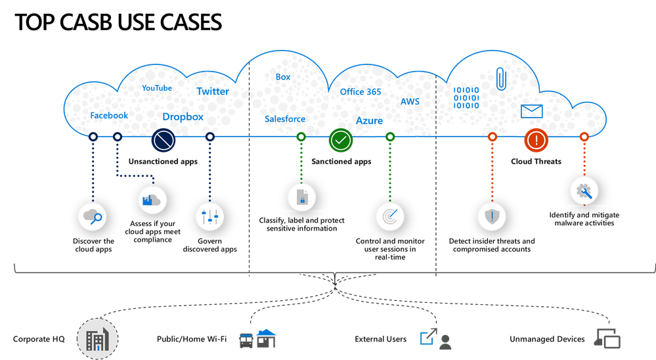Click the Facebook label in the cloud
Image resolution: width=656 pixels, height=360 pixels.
point(109,116)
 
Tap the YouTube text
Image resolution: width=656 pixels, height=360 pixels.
point(157,88)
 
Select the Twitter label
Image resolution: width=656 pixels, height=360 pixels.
point(212,91)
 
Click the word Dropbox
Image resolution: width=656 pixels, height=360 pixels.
point(183,116)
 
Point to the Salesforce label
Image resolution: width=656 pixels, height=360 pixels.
point(284,119)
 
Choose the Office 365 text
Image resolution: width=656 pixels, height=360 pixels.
point(360,92)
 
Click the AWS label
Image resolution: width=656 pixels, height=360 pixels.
point(410,102)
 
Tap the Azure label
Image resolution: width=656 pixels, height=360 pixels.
point(369,121)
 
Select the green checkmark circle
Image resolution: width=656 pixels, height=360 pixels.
point(341,139)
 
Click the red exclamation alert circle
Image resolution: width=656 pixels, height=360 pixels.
point(536,139)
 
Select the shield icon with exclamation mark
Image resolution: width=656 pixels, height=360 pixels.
point(491,216)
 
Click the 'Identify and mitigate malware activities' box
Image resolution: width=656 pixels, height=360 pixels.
point(584,219)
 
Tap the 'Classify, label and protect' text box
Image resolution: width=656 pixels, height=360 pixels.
point(302,224)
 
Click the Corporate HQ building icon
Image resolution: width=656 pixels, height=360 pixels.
point(97,339)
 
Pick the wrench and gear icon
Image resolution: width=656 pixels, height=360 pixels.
point(583,191)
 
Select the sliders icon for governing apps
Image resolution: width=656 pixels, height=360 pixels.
point(210,216)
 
